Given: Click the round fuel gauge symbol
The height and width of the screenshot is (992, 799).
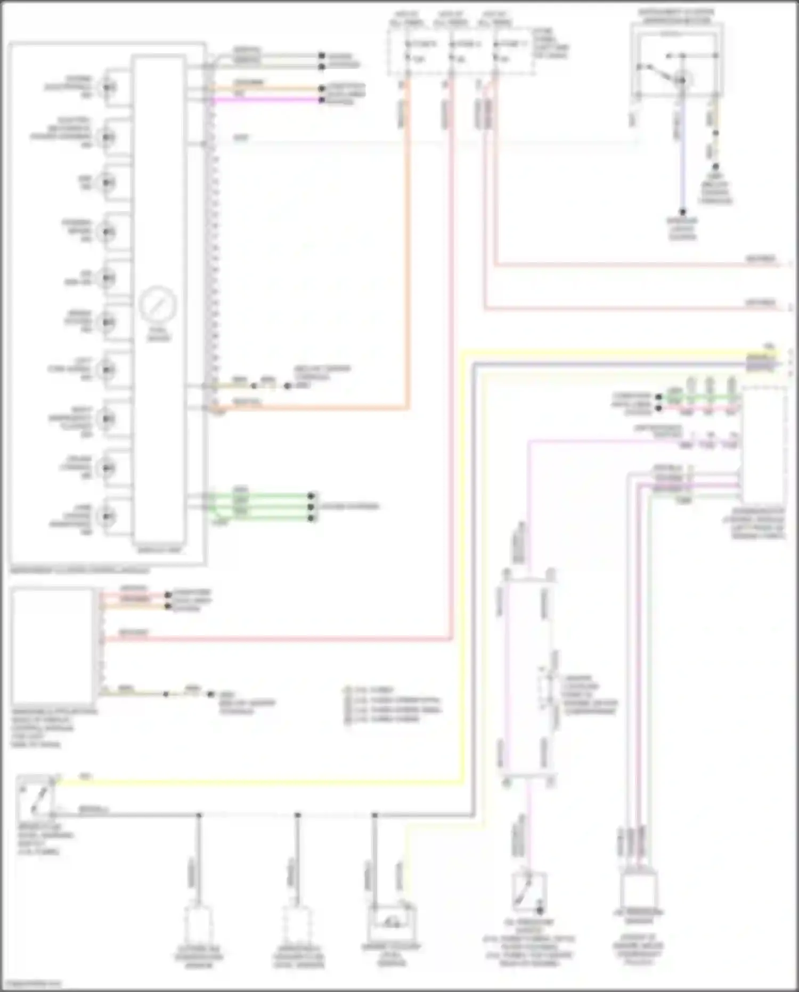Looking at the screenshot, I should click(158, 304).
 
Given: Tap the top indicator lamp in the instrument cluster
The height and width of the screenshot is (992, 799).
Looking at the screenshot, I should click(108, 87).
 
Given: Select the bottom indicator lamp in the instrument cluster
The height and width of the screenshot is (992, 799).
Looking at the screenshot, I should click(108, 516).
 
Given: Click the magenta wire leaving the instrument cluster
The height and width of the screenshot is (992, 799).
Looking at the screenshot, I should click(266, 100).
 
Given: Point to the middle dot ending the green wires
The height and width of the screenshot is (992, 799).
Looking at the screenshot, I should click(312, 506).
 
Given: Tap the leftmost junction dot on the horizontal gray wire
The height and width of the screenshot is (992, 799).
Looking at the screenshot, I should click(199, 815).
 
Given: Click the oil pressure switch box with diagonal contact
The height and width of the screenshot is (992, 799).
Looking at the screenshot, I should click(528, 892).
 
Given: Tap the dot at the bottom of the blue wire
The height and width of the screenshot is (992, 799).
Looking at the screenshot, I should click(682, 212).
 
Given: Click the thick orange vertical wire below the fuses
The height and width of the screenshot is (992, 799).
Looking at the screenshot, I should click(407, 240).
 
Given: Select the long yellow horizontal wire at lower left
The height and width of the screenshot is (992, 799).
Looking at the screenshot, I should click(256, 782).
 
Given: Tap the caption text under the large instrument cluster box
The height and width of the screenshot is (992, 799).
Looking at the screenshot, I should click(80, 570).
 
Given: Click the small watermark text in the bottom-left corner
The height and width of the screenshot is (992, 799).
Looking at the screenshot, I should click(31, 983).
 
